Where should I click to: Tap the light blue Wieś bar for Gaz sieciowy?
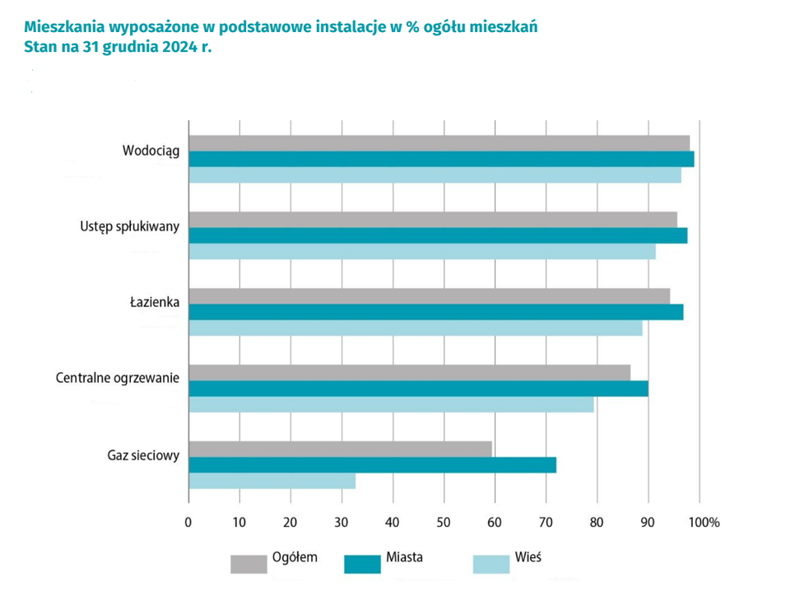click(x=272, y=481)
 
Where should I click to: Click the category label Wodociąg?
click(x=151, y=151)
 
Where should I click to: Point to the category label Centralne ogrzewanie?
click(x=118, y=379)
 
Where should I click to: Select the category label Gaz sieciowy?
click(x=143, y=454)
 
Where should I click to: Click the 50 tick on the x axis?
click(x=444, y=522)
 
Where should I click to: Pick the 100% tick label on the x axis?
click(x=704, y=522)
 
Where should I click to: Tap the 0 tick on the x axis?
click(x=188, y=522)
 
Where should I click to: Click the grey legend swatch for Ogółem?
click(x=248, y=564)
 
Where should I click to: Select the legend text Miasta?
click(x=404, y=557)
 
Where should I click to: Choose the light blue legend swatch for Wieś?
click(x=491, y=564)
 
